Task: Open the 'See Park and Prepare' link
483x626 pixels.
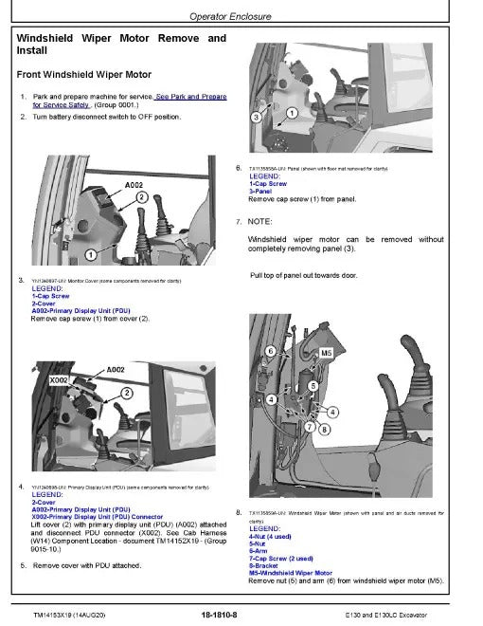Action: click(x=190, y=97)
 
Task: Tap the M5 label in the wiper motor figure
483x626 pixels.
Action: click(x=329, y=350)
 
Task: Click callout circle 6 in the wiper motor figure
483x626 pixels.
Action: click(x=270, y=352)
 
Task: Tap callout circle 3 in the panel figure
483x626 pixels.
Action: click(x=256, y=117)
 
